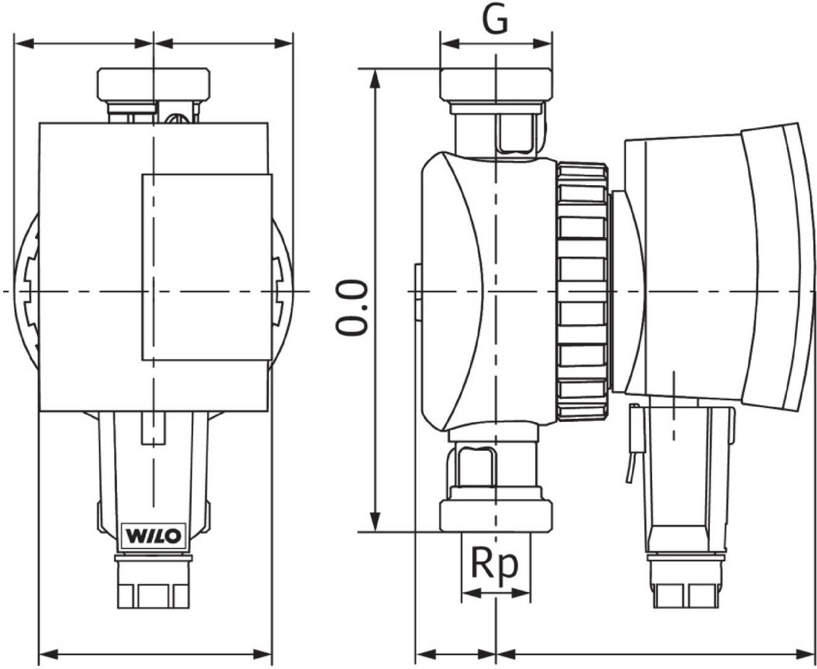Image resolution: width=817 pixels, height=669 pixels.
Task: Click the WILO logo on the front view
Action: (x=153, y=536)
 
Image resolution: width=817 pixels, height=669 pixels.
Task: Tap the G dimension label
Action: (x=495, y=20)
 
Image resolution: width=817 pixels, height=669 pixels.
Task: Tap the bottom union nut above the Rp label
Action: (x=496, y=516)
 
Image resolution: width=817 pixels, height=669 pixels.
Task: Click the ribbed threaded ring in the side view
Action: (x=583, y=291)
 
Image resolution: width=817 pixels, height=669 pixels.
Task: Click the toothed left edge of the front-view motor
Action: (x=28, y=291)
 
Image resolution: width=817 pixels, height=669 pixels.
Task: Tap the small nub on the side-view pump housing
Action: (x=417, y=291)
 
